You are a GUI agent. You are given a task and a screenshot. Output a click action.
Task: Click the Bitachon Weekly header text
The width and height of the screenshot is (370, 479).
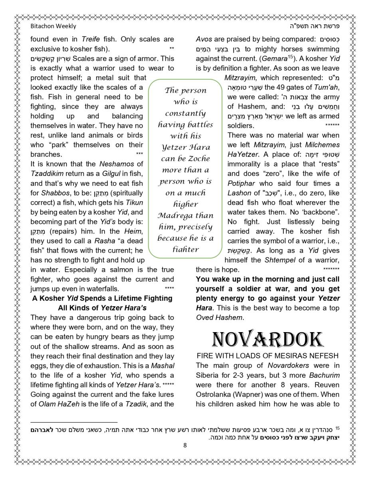[53, 26]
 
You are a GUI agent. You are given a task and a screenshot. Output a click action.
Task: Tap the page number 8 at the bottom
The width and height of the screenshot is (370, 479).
[185, 445]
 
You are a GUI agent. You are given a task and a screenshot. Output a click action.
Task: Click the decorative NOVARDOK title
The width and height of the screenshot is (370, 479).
[267, 339]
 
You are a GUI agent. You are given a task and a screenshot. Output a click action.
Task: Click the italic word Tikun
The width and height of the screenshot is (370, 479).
[134, 203]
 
